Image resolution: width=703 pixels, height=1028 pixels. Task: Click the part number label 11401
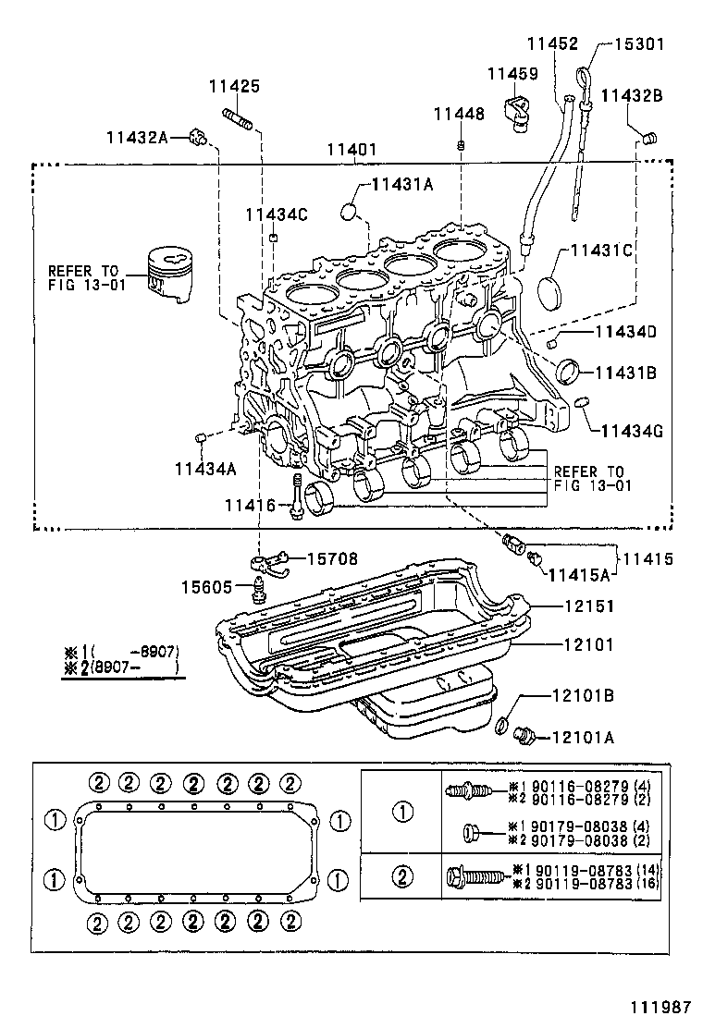352,149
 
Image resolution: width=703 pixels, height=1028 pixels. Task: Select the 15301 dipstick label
641,43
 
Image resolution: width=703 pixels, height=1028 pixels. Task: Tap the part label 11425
234,86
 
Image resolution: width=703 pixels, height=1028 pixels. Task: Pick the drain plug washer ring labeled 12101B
501,725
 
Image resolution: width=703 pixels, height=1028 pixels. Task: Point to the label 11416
250,505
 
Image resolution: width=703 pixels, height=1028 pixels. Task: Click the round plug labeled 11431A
349,212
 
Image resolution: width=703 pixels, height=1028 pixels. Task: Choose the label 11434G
634,430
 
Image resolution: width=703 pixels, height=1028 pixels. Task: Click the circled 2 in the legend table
403,875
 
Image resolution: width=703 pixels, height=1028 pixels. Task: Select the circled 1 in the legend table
403,812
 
